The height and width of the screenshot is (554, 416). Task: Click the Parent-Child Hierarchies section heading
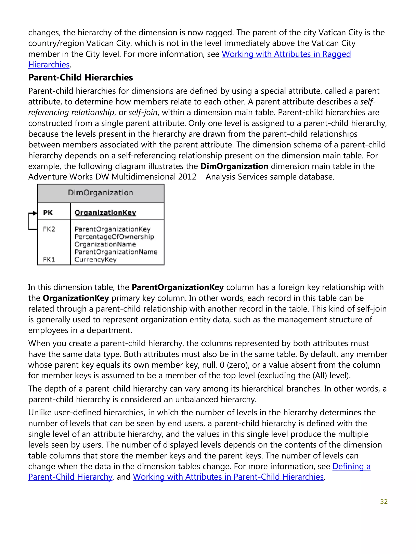(80, 77)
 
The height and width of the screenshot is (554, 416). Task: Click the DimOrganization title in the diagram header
(100, 193)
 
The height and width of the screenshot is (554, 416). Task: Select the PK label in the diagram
(48, 213)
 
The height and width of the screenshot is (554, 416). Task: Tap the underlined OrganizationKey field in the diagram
(105, 213)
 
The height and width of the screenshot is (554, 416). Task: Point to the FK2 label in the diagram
(49, 229)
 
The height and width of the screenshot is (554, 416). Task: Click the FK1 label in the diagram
(49, 260)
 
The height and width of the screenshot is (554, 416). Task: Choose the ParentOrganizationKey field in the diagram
(112, 229)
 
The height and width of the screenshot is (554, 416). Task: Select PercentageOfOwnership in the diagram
(114, 237)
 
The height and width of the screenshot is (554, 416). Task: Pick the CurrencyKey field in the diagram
(96, 260)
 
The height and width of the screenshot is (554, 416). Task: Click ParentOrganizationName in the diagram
(116, 252)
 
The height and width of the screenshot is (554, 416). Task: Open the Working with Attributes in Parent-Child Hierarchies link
(228, 477)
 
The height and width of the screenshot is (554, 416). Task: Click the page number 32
(384, 502)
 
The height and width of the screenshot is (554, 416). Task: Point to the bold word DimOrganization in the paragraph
(234, 166)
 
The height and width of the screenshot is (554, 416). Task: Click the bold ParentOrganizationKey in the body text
(178, 287)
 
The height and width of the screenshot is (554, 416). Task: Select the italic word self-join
(143, 112)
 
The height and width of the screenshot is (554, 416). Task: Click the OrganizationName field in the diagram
(105, 244)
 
